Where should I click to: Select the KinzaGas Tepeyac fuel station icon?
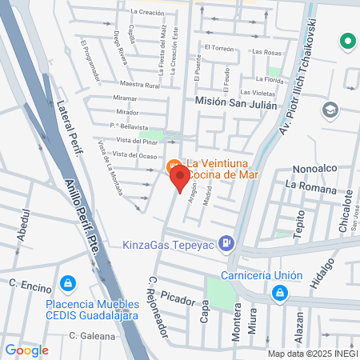pos(227,243)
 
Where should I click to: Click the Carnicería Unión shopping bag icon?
pos(279,295)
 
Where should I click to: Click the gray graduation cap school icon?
pos(330,110)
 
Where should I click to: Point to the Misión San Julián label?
pos(236,104)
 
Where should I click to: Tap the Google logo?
pos(26,350)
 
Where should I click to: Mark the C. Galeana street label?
pos(93,337)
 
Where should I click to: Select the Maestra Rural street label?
pos(140,84)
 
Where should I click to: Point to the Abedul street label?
pos(23,226)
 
